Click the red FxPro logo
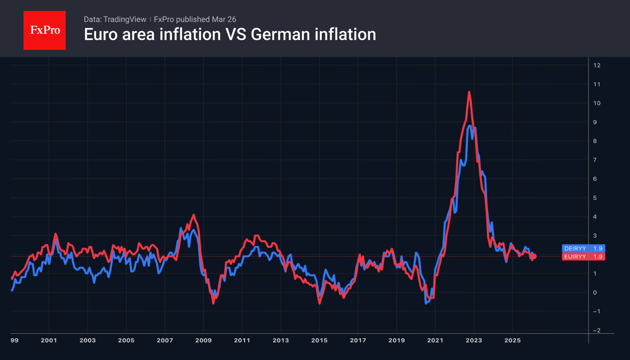pos(44,30)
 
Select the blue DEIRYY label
pos(575,248)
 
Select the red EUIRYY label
pos(575,257)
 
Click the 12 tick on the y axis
pos(596,66)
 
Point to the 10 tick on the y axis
pos(596,103)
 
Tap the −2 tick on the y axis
pos(596,330)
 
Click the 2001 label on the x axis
pos(48,340)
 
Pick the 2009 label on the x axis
pos(203,340)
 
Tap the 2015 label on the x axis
pos(319,340)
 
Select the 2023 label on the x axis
pos(474,340)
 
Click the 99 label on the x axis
pos(14,340)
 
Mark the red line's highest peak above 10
pos(469,92)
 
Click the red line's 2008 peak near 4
pos(193,215)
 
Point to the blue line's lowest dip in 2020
pos(426,303)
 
